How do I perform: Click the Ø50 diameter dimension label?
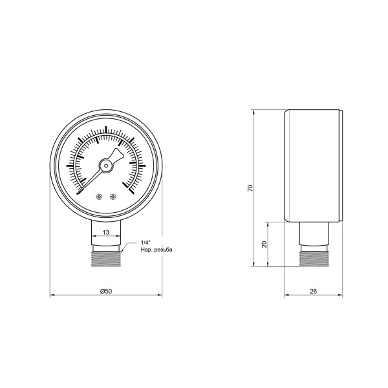coord(107,292)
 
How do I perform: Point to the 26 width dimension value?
coord(314,292)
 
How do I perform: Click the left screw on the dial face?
coord(99,197)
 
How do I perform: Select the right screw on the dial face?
coord(113,197)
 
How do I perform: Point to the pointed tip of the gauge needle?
coord(78,193)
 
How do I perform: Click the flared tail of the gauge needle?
coord(116,155)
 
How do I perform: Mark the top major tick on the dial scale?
coord(106,128)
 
